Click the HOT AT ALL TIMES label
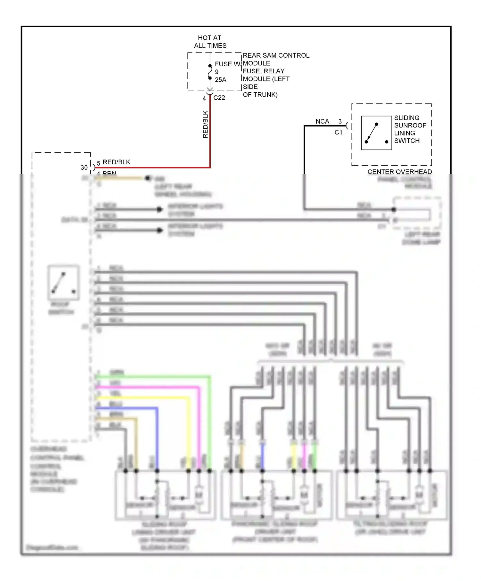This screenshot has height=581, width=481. click(210, 42)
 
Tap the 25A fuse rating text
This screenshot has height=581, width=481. click(220, 80)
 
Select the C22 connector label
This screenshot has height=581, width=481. click(219, 98)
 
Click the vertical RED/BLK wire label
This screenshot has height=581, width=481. click(206, 124)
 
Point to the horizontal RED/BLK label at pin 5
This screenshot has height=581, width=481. click(116, 162)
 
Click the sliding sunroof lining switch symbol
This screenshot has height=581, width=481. click(376, 133)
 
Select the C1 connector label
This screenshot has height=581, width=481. click(338, 132)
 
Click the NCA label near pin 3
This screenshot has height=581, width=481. click(322, 121)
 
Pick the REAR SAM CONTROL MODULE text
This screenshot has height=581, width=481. click(276, 59)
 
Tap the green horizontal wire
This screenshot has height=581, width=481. click(154, 377)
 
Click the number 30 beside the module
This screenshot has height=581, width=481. click(84, 168)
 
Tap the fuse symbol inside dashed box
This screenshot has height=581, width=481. click(210, 72)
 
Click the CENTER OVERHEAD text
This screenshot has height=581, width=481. click(399, 172)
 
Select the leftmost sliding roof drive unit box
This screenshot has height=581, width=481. click(165, 495)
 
